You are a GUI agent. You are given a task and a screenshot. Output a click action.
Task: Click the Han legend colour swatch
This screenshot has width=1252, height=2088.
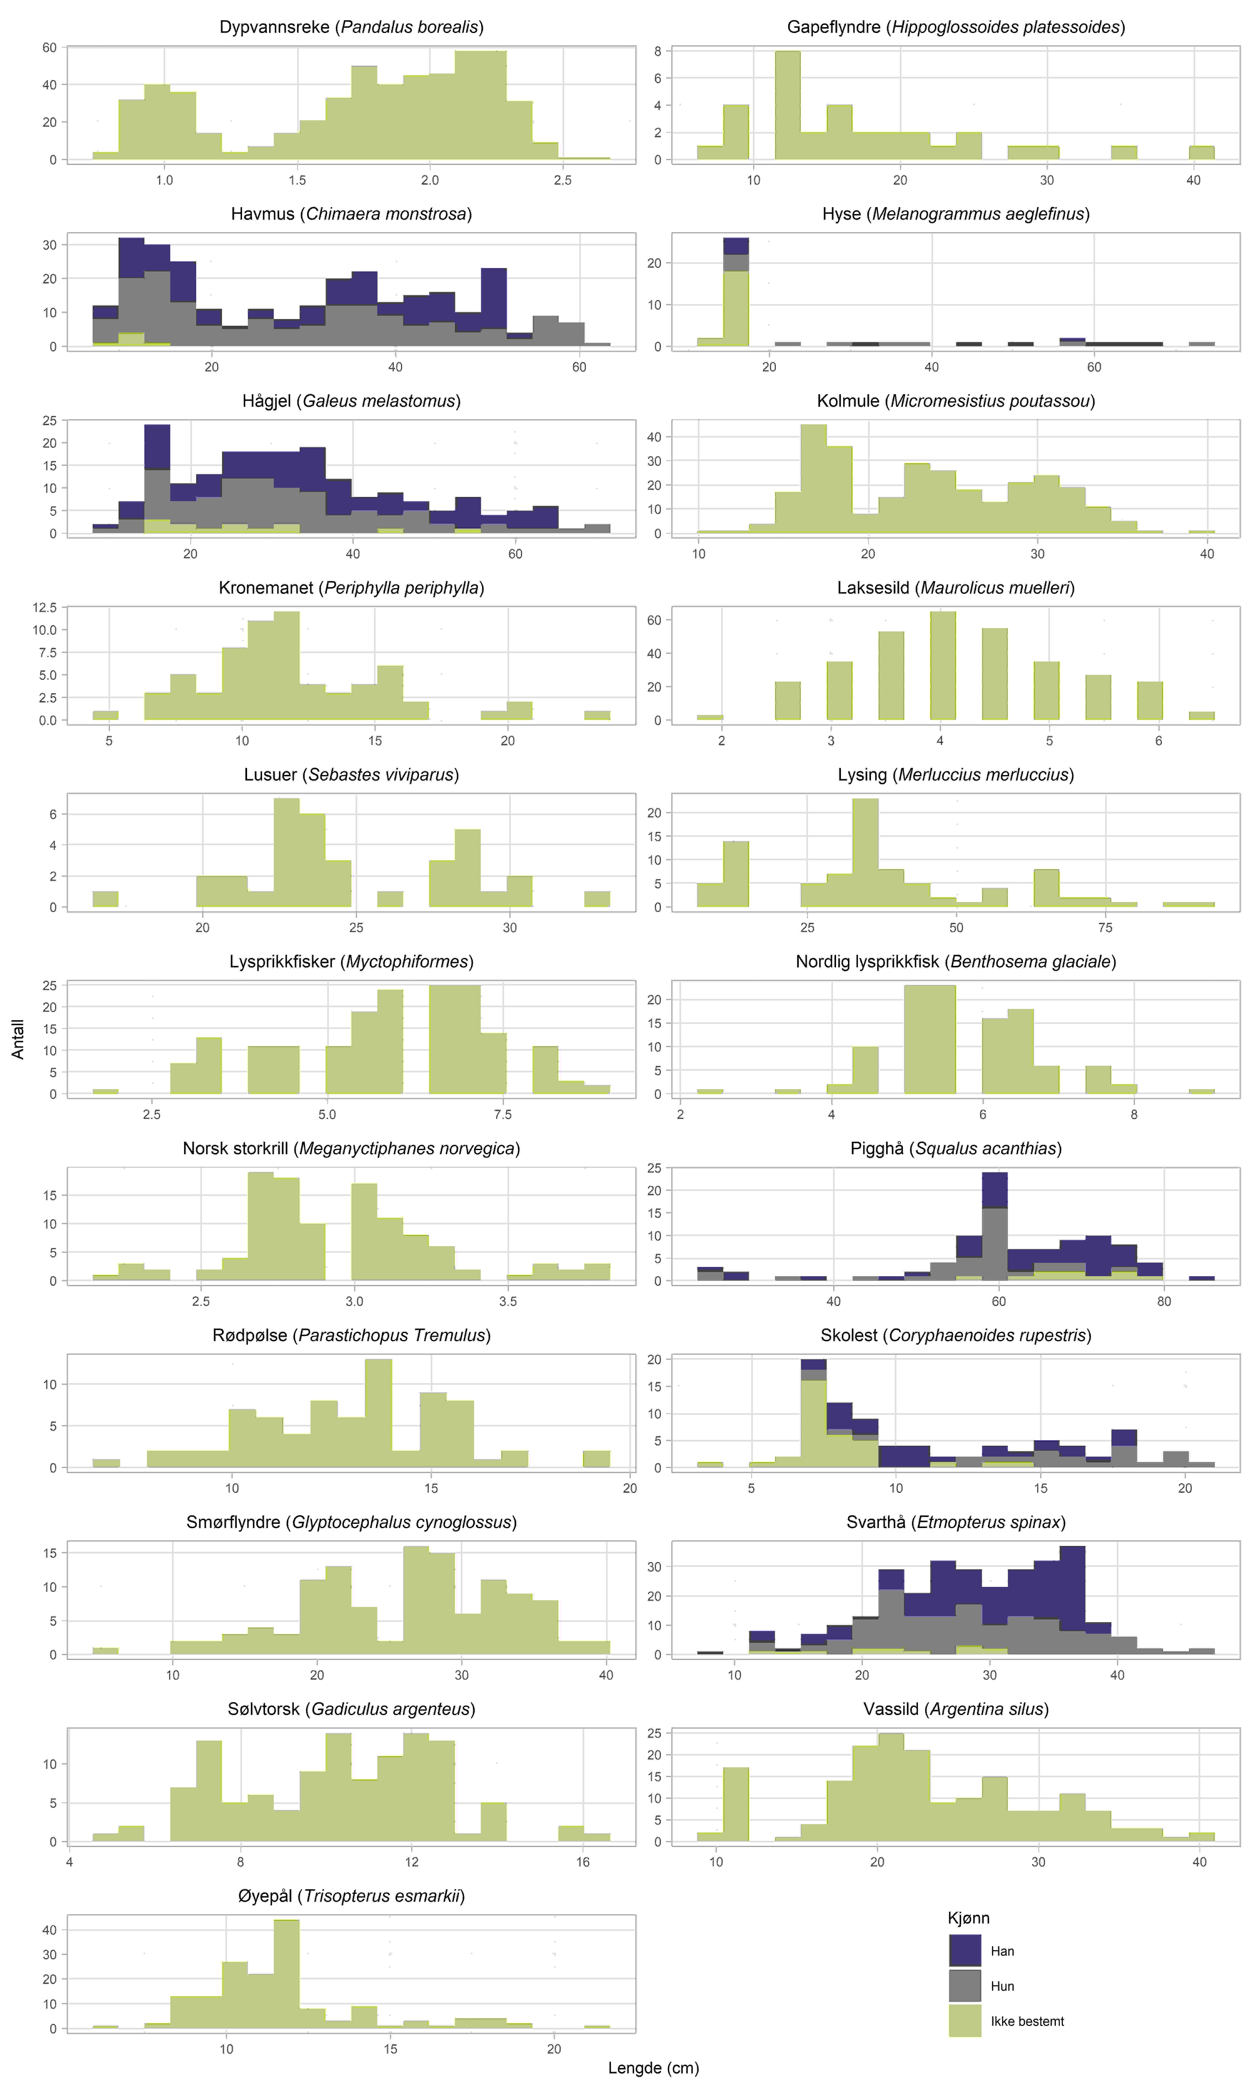click(x=964, y=1950)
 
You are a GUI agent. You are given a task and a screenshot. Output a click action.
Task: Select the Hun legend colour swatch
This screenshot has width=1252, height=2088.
click(x=964, y=1986)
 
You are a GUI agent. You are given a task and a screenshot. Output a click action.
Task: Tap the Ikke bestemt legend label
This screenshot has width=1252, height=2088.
click(x=1027, y=2021)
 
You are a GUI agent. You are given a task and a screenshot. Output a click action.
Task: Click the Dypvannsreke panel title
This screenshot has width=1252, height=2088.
click(x=351, y=27)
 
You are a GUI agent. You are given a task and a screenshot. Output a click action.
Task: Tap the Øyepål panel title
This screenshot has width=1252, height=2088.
click(x=351, y=1895)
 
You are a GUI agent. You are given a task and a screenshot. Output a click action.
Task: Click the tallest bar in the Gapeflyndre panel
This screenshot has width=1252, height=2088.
click(x=787, y=105)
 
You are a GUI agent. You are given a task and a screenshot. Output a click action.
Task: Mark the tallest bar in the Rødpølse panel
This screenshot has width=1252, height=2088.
click(x=378, y=1414)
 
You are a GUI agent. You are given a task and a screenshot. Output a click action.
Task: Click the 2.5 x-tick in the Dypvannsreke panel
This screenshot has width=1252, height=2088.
click(x=563, y=180)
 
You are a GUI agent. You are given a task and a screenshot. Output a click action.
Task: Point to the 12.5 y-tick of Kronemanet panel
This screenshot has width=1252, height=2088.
click(x=45, y=608)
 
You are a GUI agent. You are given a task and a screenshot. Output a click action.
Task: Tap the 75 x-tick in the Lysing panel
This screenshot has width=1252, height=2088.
click(x=1105, y=927)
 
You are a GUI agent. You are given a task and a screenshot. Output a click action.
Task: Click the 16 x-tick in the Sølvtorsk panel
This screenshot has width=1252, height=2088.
click(x=583, y=1862)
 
